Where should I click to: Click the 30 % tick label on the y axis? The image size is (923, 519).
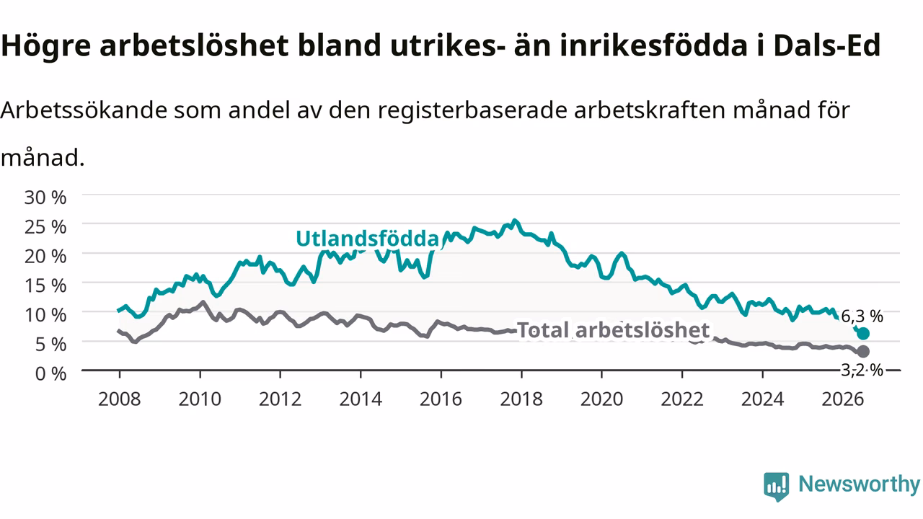click(x=45, y=198)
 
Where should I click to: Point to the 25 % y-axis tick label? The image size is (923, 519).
click(x=45, y=227)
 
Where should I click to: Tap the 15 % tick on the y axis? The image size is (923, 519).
click(x=45, y=286)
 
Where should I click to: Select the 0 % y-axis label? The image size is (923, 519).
click(x=50, y=374)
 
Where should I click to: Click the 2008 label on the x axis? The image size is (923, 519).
click(x=120, y=399)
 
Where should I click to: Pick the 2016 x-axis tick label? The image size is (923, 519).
click(x=441, y=399)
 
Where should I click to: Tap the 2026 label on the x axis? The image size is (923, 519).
click(x=843, y=399)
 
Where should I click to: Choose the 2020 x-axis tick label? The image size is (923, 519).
click(x=601, y=399)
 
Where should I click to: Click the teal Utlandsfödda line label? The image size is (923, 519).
click(x=368, y=239)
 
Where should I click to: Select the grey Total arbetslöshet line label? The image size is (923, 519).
click(x=613, y=330)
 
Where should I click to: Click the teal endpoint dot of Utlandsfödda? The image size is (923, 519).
click(x=863, y=334)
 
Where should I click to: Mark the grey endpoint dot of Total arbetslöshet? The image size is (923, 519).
click(x=863, y=351)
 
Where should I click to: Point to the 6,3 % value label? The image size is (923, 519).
click(x=862, y=316)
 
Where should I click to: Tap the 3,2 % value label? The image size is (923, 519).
click(x=862, y=370)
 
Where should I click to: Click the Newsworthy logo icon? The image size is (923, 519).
click(x=777, y=487)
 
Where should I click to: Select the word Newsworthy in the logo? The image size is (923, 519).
click(x=859, y=484)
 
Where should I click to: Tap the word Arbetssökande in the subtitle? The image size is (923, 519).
click(x=84, y=110)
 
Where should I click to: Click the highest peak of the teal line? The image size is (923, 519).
click(x=514, y=221)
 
